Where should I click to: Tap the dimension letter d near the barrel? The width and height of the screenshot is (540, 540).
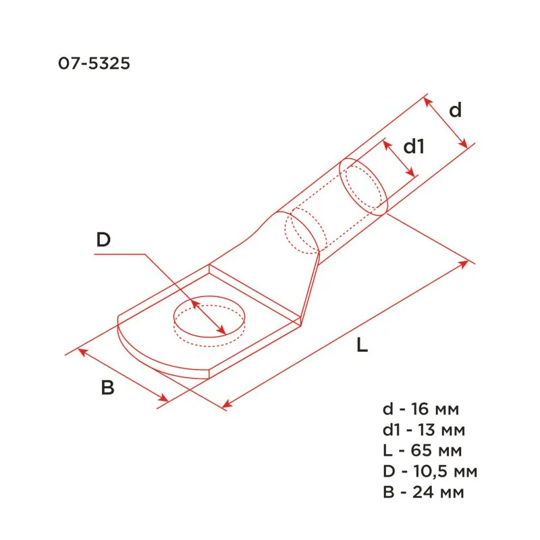tap(456, 109)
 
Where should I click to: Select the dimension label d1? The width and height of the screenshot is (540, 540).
tap(413, 146)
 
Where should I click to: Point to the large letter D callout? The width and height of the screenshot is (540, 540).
tap(103, 240)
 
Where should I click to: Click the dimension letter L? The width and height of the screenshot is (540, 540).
tap(362, 346)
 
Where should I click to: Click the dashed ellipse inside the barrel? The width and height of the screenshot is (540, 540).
tap(301, 232)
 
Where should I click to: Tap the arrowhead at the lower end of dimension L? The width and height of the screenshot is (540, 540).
tap(225, 404)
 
